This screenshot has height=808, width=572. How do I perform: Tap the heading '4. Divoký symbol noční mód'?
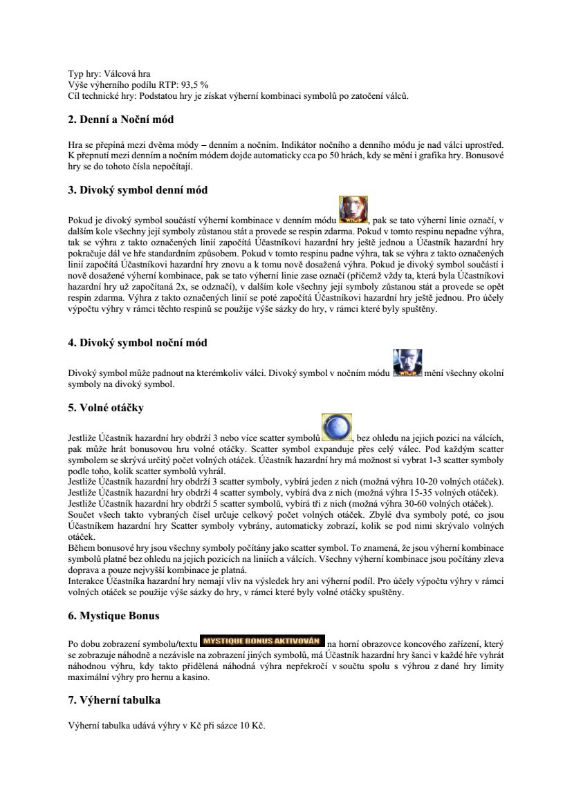[x=137, y=342]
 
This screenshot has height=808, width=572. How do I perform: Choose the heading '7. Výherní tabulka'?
[x=113, y=700]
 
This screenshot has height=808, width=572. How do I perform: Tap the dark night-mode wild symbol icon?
[x=407, y=364]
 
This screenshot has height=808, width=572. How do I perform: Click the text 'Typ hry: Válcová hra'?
[x=107, y=74]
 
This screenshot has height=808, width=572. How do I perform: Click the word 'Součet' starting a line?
[x=81, y=515]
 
